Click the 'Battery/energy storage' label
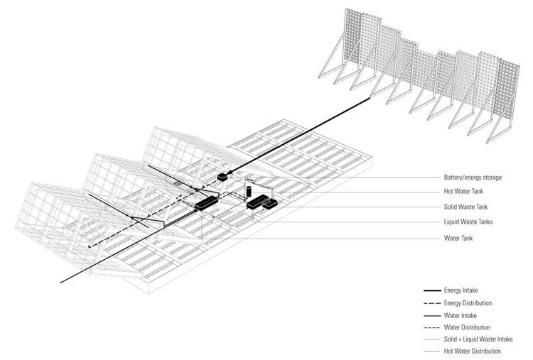click(473, 178)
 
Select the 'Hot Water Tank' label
click(463, 191)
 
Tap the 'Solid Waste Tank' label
click(465, 207)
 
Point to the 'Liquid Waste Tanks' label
click(468, 222)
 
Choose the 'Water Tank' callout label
click(458, 238)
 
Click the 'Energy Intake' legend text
click(461, 290)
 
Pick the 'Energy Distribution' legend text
click(468, 303)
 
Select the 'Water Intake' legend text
click(461, 315)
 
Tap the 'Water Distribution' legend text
click(467, 327)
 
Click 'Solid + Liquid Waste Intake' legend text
click(478, 339)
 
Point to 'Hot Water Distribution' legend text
click(472, 351)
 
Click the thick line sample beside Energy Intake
click(432, 290)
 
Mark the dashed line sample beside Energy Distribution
click(432, 303)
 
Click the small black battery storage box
click(222, 177)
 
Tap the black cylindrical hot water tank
click(249, 191)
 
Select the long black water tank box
click(206, 203)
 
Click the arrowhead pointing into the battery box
click(230, 173)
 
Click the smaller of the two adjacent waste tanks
click(270, 204)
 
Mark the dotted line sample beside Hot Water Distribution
click(432, 351)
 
